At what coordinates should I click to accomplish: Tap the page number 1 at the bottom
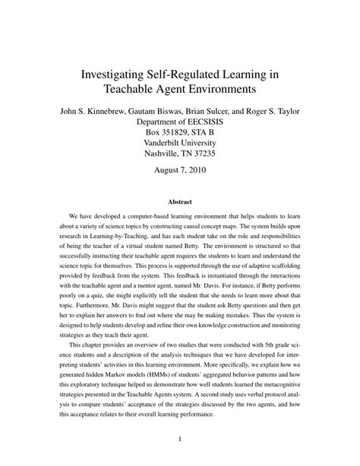(x=180, y=439)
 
